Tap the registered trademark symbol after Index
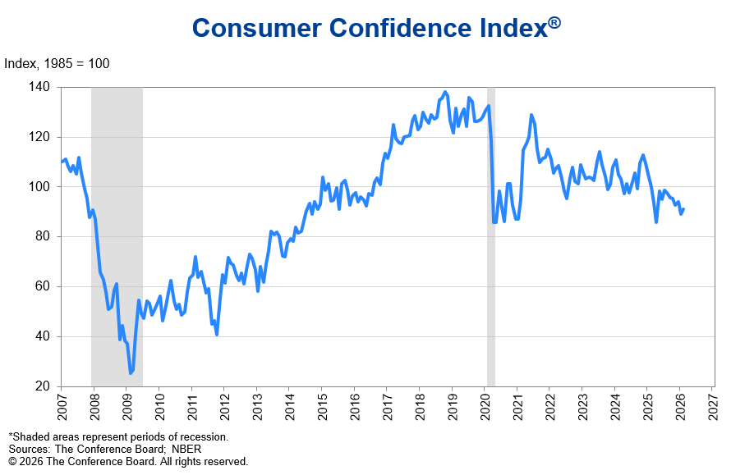coord(554,23)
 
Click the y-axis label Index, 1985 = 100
coord(57,64)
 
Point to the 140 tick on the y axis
coord(39,87)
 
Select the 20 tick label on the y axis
coord(42,386)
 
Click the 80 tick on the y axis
coord(42,236)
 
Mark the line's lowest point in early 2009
coord(130,373)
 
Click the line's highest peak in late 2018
coord(445,92)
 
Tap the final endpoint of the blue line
coord(683,208)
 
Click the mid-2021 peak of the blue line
coord(531,115)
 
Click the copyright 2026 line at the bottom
coord(128,461)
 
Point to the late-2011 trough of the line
coord(217,334)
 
